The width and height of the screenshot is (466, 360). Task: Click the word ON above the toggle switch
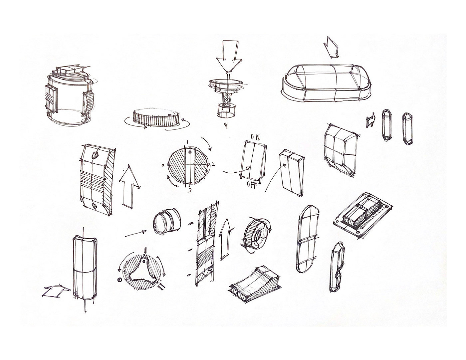255,137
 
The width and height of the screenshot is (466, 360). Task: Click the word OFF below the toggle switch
252,184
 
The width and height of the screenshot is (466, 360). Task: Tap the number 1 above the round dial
187,142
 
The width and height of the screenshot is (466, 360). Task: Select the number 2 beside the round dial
213,164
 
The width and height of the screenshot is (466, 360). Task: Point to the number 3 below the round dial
189,190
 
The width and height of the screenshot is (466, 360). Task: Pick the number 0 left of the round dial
163,165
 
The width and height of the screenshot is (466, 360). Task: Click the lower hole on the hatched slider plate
94,206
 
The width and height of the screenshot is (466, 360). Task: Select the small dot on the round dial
190,152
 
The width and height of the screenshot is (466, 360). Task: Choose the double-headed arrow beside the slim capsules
371,120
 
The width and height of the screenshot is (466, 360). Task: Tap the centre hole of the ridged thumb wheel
259,236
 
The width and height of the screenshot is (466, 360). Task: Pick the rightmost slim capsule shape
407,128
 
